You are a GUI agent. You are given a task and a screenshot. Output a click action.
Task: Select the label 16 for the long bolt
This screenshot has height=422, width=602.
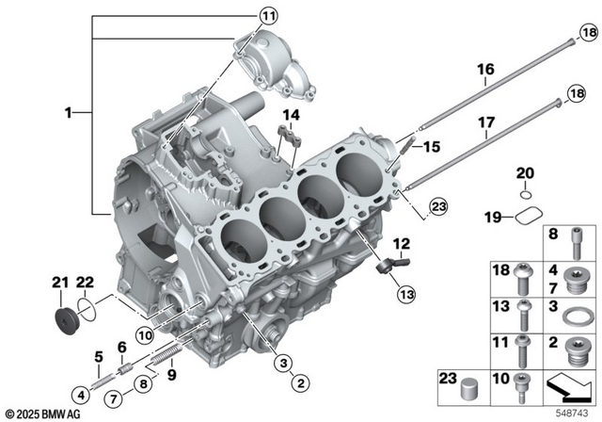click(x=485, y=70)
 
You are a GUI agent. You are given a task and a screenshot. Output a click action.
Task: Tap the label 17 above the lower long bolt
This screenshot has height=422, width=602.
click(x=485, y=122)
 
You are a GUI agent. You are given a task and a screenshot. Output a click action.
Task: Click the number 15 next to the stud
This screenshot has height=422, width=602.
click(x=432, y=147)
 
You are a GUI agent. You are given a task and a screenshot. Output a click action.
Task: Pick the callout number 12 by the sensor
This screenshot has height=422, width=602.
click(x=401, y=243)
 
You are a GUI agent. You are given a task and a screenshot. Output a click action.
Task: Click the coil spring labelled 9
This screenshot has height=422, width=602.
click(x=166, y=359)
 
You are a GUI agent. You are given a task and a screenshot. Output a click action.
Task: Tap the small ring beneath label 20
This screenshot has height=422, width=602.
click(x=526, y=195)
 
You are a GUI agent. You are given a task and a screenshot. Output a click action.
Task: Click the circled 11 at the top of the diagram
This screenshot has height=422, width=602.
click(x=270, y=15)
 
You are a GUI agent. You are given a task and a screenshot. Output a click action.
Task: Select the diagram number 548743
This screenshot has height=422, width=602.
click(x=574, y=413)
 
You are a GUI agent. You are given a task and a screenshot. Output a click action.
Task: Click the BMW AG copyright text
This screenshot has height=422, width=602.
click(x=42, y=414)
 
